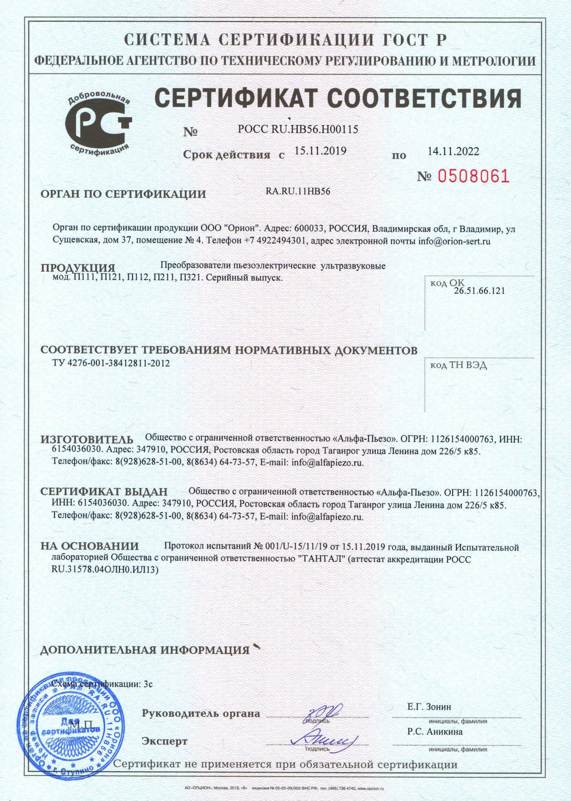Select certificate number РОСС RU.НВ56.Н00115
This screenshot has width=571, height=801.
(298, 130)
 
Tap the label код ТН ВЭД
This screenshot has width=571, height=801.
(458, 366)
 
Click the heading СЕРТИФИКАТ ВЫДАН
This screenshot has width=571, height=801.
(104, 491)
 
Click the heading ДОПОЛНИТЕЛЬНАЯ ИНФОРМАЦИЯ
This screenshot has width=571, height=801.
(145, 650)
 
